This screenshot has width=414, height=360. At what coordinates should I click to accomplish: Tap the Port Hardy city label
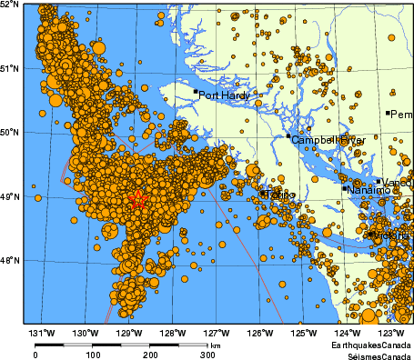coord(222,94)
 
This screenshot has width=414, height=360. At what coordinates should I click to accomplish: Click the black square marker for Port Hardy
coord(196,91)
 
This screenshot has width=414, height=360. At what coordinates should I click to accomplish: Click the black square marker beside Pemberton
coord(389,113)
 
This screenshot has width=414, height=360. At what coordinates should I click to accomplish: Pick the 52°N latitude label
coord(12,5)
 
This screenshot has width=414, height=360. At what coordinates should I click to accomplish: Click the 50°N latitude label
coord(10,133)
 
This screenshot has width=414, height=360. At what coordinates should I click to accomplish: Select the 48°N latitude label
coord(10,261)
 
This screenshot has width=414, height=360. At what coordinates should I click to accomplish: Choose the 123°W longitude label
coord(392,332)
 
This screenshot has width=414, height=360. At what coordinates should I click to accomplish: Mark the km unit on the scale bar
coord(215,345)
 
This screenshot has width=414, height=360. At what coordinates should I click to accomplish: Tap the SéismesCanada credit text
coord(374,355)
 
